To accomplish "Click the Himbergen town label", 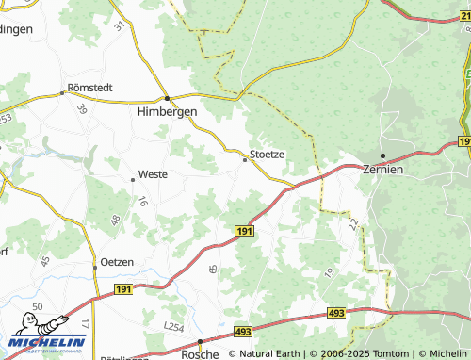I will pyautogui.click(x=167, y=110).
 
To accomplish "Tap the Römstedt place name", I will pyautogui.click(x=89, y=88).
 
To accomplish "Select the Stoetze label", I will pyautogui.click(x=267, y=154).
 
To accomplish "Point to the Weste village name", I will pyautogui.click(x=153, y=174).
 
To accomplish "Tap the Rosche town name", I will pyautogui.click(x=201, y=353).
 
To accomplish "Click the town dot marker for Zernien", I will pyautogui.click(x=382, y=155).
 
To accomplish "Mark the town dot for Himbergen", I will pyautogui.click(x=167, y=98).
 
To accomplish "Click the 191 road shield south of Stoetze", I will pyautogui.click(x=244, y=231).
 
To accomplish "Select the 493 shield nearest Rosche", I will pyautogui.click(x=243, y=332).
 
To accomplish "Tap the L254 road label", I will pyautogui.click(x=172, y=325).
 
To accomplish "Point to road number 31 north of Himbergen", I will pyautogui.click(x=119, y=26).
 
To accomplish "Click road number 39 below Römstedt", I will pyautogui.click(x=82, y=109).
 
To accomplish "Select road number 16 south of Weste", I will pyautogui.click(x=142, y=201).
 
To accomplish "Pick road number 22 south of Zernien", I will pyautogui.click(x=352, y=223).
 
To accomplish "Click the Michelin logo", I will pyautogui.click(x=47, y=344).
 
